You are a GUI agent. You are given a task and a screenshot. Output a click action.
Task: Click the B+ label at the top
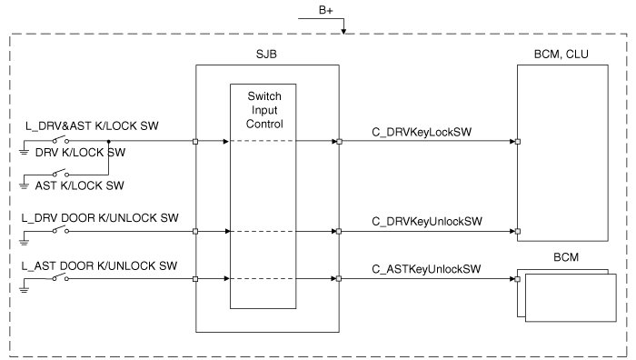pos(325,10)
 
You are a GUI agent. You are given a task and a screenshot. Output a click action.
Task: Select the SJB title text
pos(266,54)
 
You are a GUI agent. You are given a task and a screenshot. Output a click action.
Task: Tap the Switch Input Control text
pos(264,110)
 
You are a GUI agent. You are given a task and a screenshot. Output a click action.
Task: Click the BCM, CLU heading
pos(561,54)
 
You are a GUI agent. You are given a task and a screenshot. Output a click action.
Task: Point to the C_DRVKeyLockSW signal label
pos(422,132)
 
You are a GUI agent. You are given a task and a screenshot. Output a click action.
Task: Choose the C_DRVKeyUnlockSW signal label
pos(427,221)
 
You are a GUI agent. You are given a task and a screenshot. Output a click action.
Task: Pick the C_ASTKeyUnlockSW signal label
pos(426,269)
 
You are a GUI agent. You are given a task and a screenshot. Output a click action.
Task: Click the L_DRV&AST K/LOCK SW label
pos(92,125)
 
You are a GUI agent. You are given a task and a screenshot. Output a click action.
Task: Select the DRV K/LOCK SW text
pos(80,153)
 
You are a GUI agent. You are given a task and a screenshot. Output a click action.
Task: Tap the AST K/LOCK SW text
pos(80,185)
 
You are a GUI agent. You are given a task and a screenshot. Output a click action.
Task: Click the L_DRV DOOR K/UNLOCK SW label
pos(100,218)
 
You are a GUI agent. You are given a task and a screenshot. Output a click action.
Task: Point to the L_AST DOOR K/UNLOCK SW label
pos(99,265)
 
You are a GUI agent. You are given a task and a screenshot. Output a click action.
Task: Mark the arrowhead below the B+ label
pos(343,31)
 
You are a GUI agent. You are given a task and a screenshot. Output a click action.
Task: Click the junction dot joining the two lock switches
pos(108,141)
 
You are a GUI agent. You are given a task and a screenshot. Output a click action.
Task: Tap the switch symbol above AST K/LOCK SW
pos(61,174)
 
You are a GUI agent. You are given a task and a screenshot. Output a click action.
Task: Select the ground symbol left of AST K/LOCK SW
pos(24,185)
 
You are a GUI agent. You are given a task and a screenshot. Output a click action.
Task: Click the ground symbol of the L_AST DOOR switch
pos(24,289)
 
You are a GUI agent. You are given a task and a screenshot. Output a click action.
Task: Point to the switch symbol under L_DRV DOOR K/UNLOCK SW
pos(61,230)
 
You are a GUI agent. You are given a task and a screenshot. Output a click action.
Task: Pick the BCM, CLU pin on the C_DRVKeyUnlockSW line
pos(518,231)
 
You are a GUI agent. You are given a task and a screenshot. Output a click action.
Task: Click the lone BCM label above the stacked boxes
pos(566,257)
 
